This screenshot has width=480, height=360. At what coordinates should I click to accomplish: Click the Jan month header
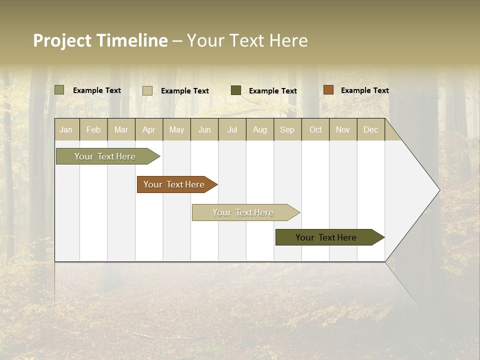point(66,130)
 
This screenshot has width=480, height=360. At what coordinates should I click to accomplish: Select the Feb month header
point(93,130)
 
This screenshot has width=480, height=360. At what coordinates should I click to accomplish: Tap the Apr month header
point(148,130)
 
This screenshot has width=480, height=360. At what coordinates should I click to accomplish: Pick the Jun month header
point(204,130)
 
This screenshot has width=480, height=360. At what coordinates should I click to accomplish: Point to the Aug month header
point(259,130)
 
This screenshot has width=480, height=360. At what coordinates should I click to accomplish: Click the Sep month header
point(287,130)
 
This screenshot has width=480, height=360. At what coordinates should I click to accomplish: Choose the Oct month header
point(315,130)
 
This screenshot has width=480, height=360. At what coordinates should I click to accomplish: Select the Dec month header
point(370,130)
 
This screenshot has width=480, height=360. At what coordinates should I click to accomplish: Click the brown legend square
point(328,90)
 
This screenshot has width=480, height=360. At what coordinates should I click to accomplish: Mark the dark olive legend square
point(236,90)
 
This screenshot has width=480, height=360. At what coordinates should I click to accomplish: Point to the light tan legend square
point(147,90)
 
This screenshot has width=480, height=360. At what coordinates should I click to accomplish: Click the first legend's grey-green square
point(59,90)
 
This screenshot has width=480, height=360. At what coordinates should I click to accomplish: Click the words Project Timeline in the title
point(100,40)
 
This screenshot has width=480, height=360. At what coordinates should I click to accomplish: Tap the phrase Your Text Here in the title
point(247,40)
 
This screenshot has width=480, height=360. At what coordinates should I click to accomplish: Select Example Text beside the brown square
point(364,90)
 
